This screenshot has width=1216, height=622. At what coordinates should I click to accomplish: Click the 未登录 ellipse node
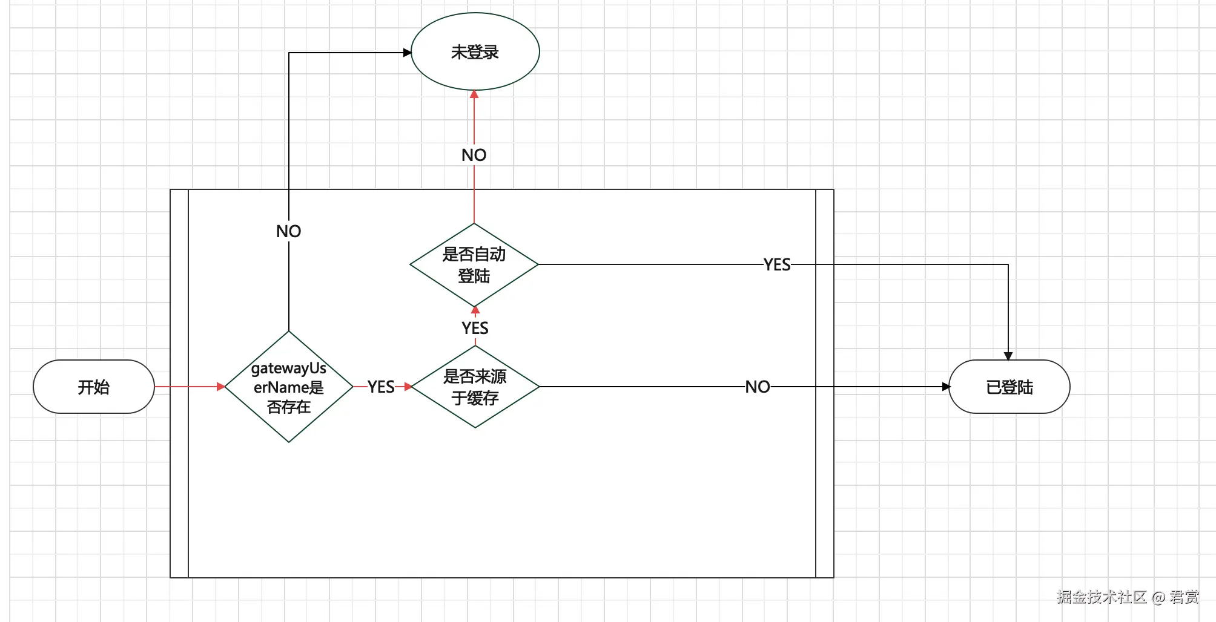pyautogui.click(x=475, y=52)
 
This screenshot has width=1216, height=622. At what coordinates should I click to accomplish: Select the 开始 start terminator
pyautogui.click(x=94, y=387)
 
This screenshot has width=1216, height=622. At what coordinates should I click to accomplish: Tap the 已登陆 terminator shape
pyautogui.click(x=1009, y=387)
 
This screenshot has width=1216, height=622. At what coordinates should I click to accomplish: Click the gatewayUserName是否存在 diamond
pyautogui.click(x=289, y=387)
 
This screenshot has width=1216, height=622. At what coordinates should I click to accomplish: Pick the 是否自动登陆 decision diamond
pyautogui.click(x=474, y=265)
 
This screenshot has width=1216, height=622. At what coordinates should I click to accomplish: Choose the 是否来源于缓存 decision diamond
pyautogui.click(x=475, y=387)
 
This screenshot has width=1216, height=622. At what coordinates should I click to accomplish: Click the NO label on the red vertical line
pyautogui.click(x=474, y=155)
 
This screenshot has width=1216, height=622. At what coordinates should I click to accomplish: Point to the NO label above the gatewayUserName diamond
pyautogui.click(x=288, y=231)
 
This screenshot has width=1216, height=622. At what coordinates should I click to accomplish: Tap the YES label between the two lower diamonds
pyautogui.click(x=381, y=387)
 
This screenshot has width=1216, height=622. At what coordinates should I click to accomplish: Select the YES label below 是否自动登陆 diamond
pyautogui.click(x=475, y=328)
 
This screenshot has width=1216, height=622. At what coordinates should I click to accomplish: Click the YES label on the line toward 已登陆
pyautogui.click(x=777, y=264)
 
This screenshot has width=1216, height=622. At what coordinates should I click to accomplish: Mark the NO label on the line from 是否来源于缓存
pyautogui.click(x=758, y=387)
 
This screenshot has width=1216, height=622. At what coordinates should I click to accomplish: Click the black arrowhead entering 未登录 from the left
pyautogui.click(x=408, y=53)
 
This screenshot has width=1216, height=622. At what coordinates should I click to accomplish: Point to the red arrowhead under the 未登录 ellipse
pyautogui.click(x=474, y=94)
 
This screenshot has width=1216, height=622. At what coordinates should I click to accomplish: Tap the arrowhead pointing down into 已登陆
pyautogui.click(x=1008, y=356)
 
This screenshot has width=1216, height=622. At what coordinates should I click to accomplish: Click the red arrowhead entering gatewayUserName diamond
pyautogui.click(x=221, y=387)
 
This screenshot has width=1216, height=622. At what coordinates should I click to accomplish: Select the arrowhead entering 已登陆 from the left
pyautogui.click(x=946, y=387)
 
